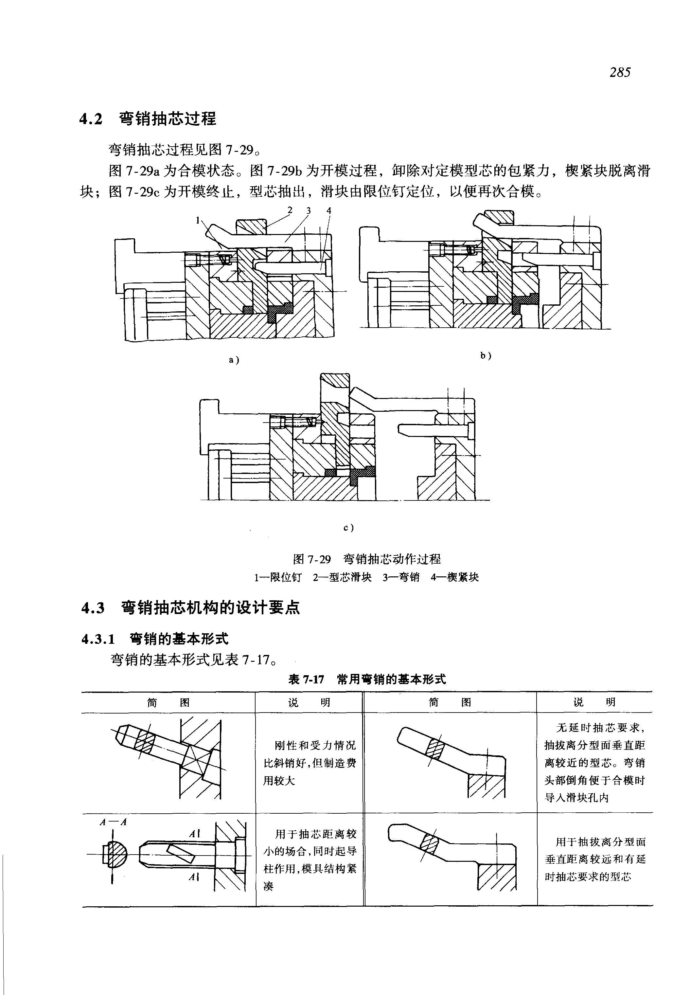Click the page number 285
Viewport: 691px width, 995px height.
click(x=620, y=72)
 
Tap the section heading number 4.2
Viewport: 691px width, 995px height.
click(x=91, y=119)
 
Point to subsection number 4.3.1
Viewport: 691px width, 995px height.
click(x=98, y=639)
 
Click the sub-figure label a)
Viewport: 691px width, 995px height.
click(x=234, y=359)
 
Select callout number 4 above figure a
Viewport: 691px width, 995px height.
click(x=328, y=210)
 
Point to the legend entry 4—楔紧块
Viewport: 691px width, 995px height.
click(x=454, y=577)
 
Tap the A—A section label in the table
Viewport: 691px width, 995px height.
click(x=113, y=823)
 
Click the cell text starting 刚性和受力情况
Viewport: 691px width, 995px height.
click(x=310, y=763)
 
